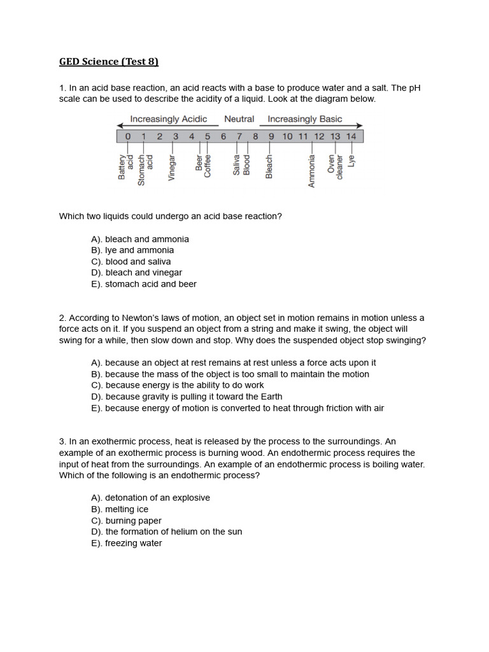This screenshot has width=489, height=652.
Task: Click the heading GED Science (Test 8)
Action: [x=109, y=62]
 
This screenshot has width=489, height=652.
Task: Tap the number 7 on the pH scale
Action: [x=239, y=136]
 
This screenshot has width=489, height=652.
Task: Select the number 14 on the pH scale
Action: [x=351, y=136]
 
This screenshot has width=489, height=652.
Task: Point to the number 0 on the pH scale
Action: [x=128, y=136]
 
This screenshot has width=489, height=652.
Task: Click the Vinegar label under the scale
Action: [x=171, y=168]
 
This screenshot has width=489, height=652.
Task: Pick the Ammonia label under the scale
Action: [x=311, y=171]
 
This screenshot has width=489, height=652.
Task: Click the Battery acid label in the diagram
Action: [x=126, y=167]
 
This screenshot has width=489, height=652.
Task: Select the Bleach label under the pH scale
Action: [x=269, y=167]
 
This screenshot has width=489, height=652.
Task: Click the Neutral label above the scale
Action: [x=239, y=119]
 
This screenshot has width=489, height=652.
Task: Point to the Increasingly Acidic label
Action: [x=168, y=119]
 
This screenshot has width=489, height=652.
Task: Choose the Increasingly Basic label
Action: [x=305, y=119]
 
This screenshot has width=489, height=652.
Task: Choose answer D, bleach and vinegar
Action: [x=137, y=273]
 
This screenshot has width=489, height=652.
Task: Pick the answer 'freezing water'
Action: [x=127, y=543]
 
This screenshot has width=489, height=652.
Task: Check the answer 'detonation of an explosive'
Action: [x=150, y=498]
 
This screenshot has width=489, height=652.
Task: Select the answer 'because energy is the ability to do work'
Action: [x=178, y=385]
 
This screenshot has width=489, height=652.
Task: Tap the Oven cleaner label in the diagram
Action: [x=335, y=167]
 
